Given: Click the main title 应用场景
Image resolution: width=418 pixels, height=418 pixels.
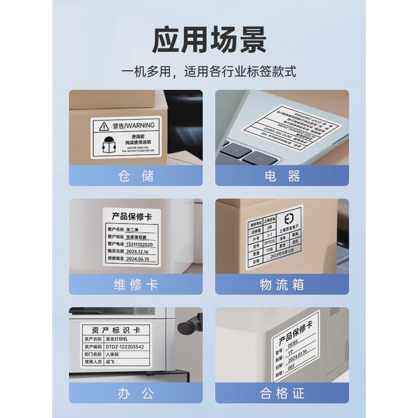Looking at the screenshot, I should click(x=209, y=37).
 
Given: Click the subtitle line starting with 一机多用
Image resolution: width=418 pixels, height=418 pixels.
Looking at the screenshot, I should click(x=209, y=72).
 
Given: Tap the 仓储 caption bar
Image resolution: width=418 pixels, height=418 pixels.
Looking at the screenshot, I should click(x=135, y=175).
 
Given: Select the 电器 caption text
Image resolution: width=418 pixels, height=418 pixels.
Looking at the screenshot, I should click(x=282, y=175).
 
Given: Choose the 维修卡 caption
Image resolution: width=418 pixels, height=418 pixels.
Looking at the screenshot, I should click(x=135, y=285).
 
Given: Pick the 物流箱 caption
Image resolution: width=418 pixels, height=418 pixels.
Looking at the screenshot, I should click(x=282, y=285).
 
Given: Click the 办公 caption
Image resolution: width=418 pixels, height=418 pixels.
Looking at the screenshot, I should click(x=135, y=393).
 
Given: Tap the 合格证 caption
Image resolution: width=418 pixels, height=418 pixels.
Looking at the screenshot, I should click(x=282, y=393).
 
